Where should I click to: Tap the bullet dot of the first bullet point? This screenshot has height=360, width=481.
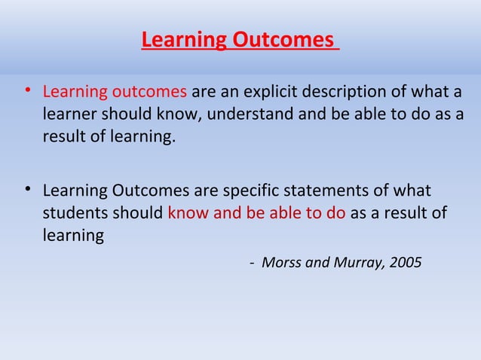[x=26, y=92]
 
